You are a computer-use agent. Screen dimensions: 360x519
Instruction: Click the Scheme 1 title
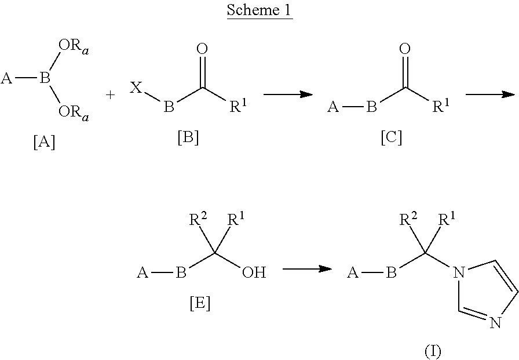pos(259,10)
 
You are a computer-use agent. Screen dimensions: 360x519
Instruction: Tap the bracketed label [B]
pos(188,139)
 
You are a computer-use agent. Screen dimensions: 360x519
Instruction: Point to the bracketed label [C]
pos(391,139)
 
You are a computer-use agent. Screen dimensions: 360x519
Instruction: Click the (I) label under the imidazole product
pos(433,351)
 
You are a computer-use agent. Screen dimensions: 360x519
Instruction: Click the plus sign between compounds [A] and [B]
pos(111,94)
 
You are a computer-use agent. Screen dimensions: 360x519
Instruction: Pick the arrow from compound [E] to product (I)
pos(307,268)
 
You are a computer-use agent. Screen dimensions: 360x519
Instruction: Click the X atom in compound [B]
pos(134,88)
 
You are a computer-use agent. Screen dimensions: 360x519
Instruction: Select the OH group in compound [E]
pos(254,272)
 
